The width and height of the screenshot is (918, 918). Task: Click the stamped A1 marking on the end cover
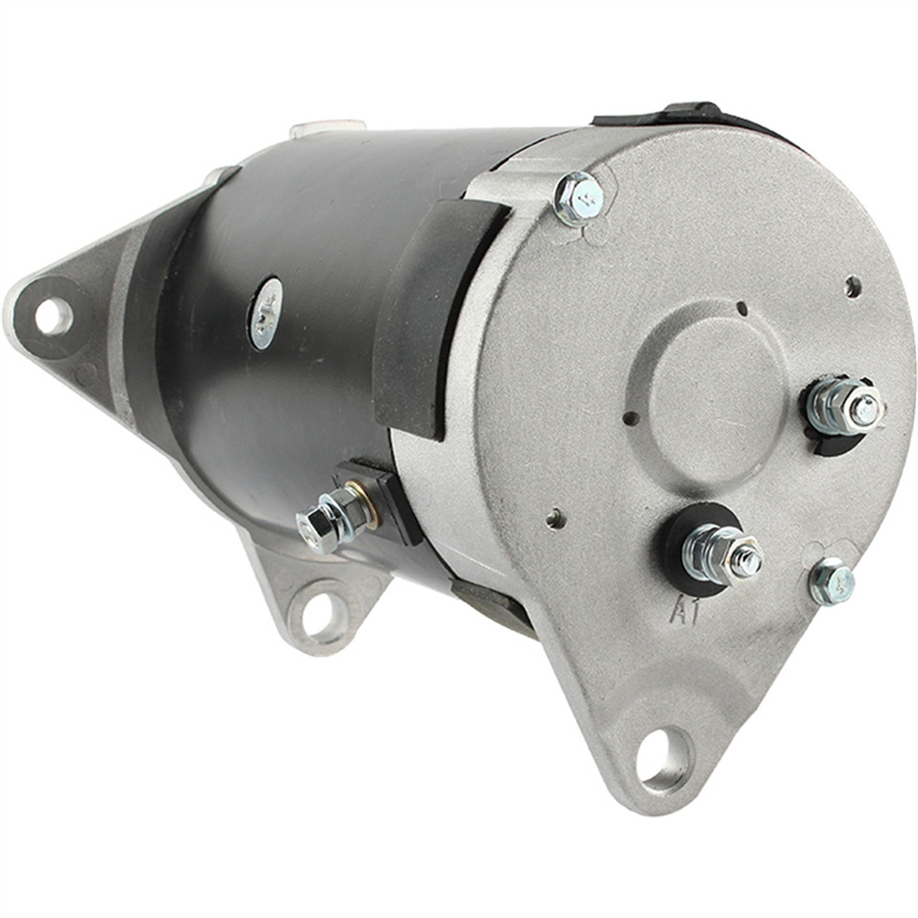[x=685, y=612]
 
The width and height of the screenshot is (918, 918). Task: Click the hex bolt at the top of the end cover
[x=579, y=197]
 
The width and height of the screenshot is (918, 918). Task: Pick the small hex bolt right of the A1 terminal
[x=832, y=581]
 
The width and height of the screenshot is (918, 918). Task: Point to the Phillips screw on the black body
[x=265, y=312]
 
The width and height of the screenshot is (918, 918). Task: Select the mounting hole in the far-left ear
[x=54, y=316]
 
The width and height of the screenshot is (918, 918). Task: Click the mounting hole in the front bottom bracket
[x=319, y=614]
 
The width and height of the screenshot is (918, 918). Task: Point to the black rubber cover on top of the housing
[x=673, y=115]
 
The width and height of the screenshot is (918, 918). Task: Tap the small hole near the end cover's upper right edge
[x=853, y=287]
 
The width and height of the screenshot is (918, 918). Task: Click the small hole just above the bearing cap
[x=741, y=308]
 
